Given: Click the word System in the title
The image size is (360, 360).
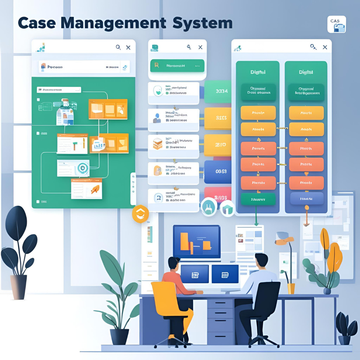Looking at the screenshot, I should click(203, 23).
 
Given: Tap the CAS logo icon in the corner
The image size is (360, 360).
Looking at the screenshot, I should click(336, 24).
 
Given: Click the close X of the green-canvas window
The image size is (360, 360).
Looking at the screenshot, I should click(128, 48).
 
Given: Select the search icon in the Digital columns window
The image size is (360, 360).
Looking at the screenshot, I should click(313, 47).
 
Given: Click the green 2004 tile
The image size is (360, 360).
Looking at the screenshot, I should click(217, 91).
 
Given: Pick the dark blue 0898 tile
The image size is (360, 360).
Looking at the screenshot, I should click(218, 172).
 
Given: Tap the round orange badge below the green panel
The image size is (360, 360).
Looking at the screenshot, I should click(140, 214).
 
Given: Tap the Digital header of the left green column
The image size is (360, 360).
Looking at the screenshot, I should click(258, 72).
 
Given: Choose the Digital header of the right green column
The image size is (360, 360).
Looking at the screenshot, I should click(306, 72).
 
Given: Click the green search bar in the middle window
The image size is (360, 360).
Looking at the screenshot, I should click(177, 66).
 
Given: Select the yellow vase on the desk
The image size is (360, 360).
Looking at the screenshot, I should click(291, 288).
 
